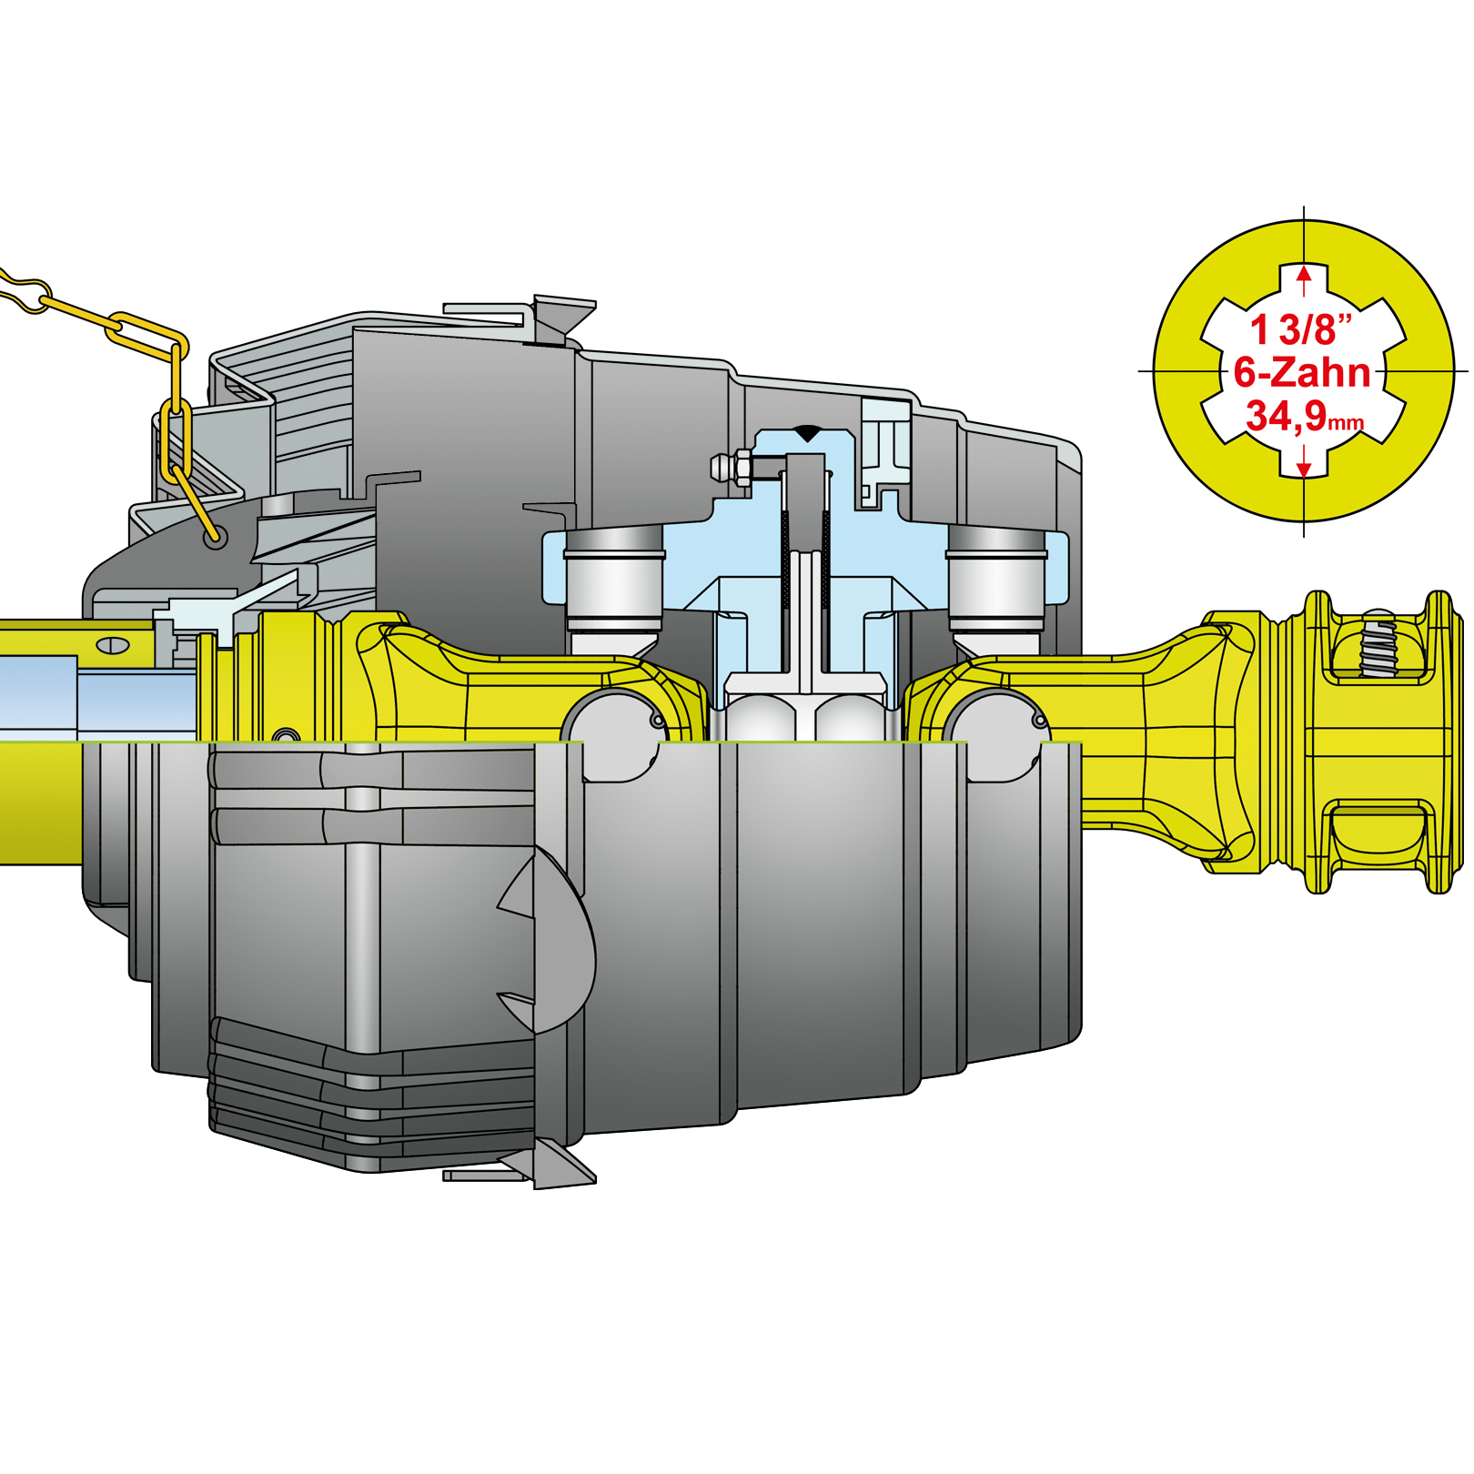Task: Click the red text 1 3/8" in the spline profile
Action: [x=1301, y=329]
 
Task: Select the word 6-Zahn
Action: [x=1302, y=373]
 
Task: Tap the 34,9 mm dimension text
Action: [x=1305, y=416]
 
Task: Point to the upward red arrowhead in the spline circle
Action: [x=1305, y=274]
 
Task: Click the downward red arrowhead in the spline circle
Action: [x=1305, y=469]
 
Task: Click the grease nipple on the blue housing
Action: [x=732, y=468]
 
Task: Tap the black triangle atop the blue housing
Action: [x=808, y=433]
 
